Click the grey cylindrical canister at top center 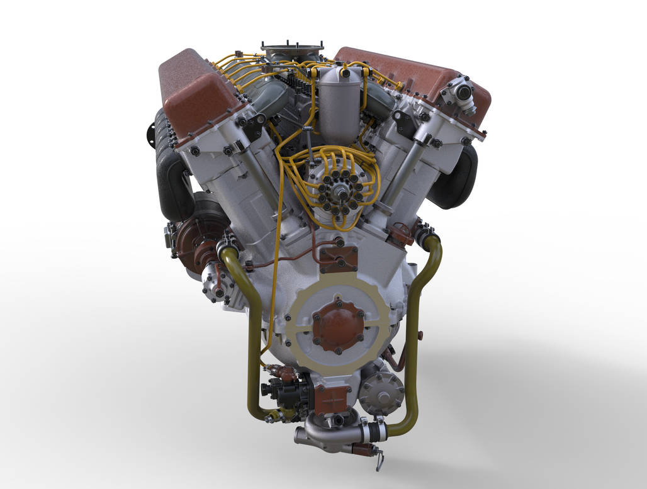[x=340, y=104]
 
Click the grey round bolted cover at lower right [x=381, y=391]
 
